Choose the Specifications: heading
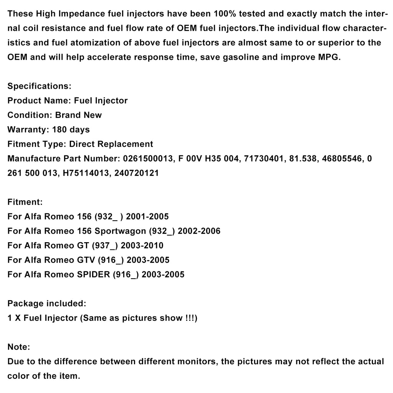(40, 86)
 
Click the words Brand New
(79, 115)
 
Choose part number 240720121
(137, 173)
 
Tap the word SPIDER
(93, 274)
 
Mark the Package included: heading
(47, 304)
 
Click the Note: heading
(18, 347)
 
